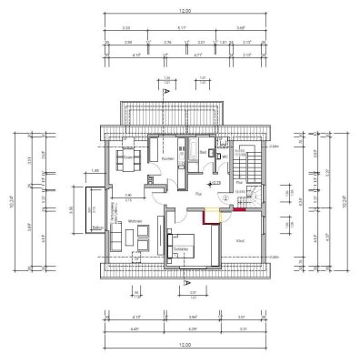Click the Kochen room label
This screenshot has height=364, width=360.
pyautogui.click(x=167, y=159)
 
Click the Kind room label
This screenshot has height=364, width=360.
pyautogui.click(x=239, y=240)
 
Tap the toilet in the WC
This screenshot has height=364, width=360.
pyautogui.click(x=224, y=164)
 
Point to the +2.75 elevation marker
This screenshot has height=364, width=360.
pyautogui.click(x=215, y=184)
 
